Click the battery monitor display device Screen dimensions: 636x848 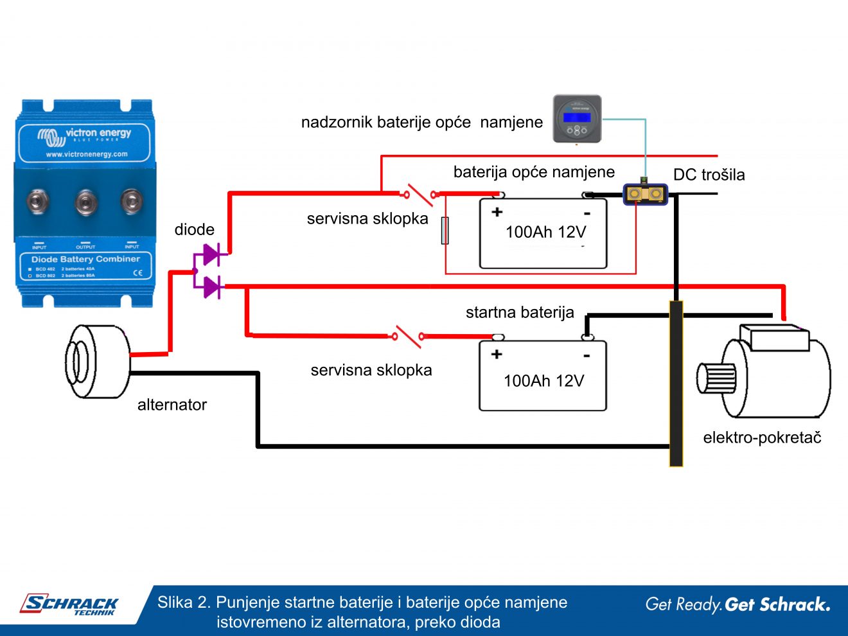click(x=578, y=119)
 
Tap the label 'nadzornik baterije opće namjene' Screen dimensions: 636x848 click(x=421, y=122)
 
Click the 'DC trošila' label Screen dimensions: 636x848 click(x=709, y=175)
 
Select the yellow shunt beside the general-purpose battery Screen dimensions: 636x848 click(x=645, y=193)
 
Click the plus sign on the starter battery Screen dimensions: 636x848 click(x=497, y=354)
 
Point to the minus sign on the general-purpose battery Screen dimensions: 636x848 click(x=587, y=213)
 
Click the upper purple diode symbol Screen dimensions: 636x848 click(x=210, y=254)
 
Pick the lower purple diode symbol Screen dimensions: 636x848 click(x=210, y=287)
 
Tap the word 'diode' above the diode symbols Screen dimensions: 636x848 click(x=194, y=229)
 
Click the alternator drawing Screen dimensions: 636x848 click(x=96, y=361)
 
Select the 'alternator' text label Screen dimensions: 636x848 click(x=172, y=405)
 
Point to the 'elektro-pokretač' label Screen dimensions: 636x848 click(x=762, y=437)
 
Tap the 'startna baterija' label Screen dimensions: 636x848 click(x=520, y=313)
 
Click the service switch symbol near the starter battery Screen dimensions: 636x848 click(x=409, y=335)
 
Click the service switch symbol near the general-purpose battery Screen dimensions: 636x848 click(x=420, y=193)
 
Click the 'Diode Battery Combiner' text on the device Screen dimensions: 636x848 click(x=85, y=259)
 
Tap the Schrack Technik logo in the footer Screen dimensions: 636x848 click(x=69, y=605)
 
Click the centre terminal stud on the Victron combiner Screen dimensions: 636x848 click(x=85, y=202)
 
